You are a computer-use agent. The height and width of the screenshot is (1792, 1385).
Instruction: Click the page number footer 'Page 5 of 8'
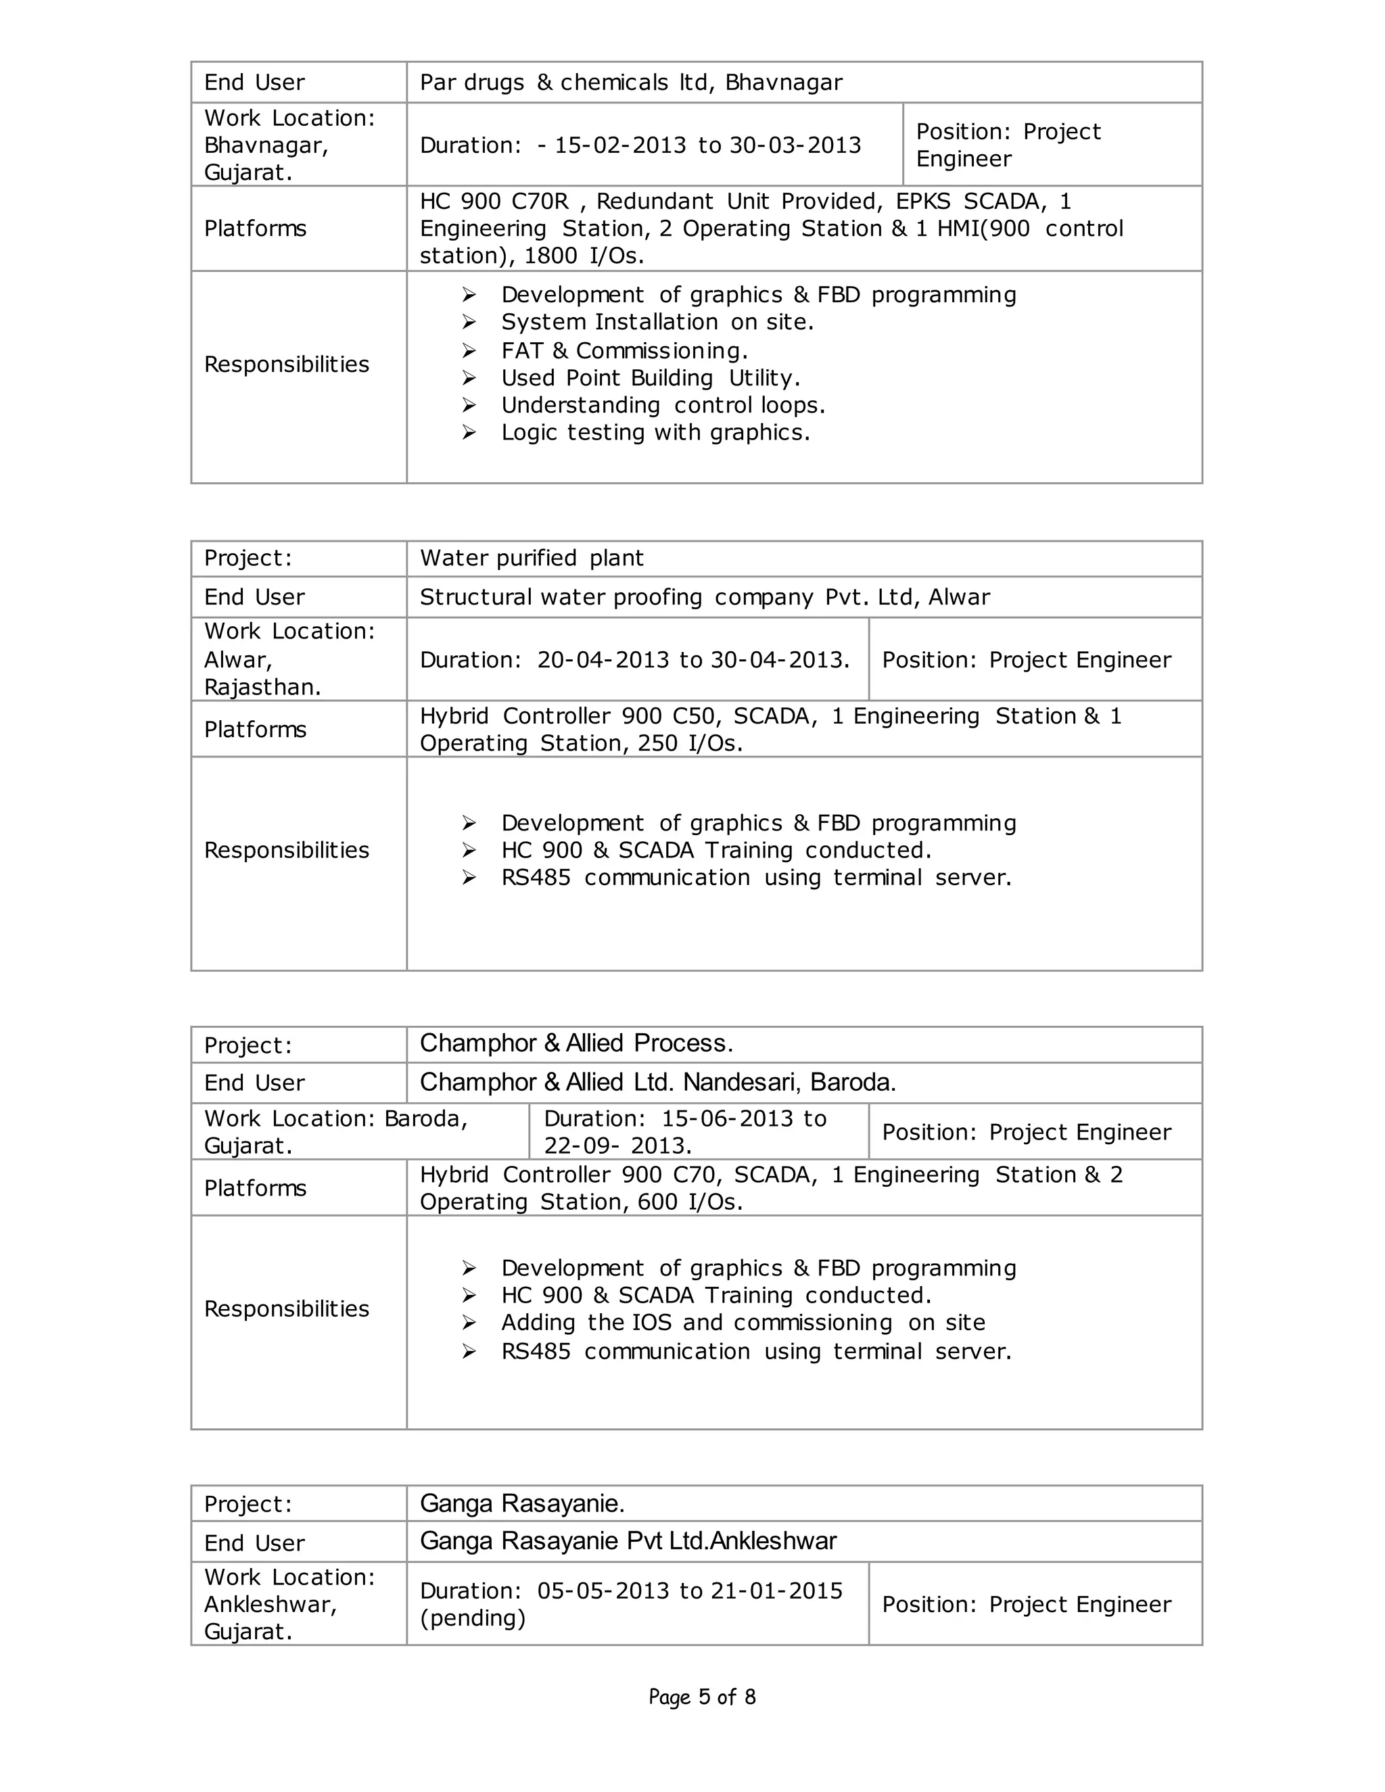[701, 1696]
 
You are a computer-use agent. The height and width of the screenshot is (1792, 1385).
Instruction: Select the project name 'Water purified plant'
[532, 558]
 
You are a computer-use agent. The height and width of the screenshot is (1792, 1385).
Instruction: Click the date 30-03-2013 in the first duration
[795, 145]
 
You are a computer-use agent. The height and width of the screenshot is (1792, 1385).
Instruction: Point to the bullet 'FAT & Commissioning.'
[624, 350]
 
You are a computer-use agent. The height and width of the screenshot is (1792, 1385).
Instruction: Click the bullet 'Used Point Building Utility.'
[650, 377]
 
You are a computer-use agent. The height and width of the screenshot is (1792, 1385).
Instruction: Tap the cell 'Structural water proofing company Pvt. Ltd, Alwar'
[704, 596]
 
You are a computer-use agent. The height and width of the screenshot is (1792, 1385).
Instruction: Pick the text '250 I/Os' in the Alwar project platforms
[697, 742]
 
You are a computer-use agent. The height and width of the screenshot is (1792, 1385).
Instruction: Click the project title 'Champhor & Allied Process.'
[576, 1043]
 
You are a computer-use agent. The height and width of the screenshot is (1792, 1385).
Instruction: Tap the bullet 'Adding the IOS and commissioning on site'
[743, 1322]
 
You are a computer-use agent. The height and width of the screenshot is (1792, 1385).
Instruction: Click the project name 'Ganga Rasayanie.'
[522, 1503]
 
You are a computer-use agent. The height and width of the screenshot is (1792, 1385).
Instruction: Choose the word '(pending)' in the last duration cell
[472, 1618]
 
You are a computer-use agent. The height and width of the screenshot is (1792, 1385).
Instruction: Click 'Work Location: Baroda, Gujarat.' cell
[335, 1131]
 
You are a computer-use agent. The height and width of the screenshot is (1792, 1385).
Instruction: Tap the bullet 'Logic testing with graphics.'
[655, 431]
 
